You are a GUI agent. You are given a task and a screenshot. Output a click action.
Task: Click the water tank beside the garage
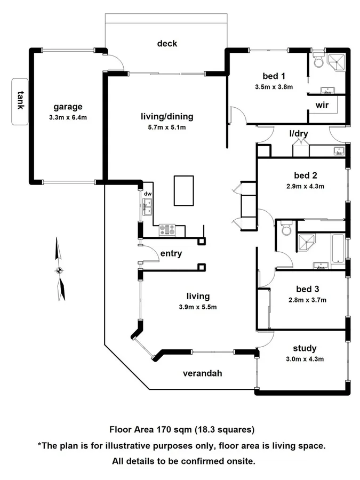tap(20, 101)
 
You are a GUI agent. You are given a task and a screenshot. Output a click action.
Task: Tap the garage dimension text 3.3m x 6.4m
tap(67, 117)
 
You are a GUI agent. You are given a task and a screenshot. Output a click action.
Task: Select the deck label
tap(166, 44)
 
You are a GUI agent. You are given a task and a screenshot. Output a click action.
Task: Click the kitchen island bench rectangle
tap(183, 190)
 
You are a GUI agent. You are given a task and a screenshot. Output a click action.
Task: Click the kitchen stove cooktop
tap(167, 230)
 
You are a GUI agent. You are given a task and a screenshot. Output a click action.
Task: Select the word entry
tap(171, 253)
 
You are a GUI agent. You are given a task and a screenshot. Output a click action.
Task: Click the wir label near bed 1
tap(322, 105)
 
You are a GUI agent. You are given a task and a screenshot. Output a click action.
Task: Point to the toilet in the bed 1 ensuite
tap(318, 61)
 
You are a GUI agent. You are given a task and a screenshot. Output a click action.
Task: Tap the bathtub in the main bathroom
tap(338, 249)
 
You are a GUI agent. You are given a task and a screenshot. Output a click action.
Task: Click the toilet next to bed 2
tap(286, 229)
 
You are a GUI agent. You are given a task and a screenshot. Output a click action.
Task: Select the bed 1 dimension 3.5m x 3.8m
tap(274, 86)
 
